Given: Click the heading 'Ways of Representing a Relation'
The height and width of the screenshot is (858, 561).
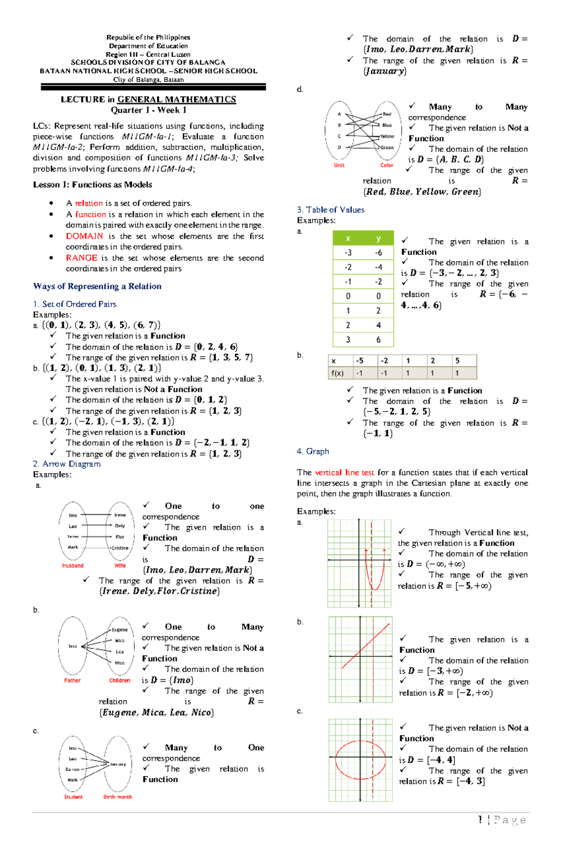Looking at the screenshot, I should click(97, 286).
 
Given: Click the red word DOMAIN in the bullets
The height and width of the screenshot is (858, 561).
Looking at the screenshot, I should click(84, 236).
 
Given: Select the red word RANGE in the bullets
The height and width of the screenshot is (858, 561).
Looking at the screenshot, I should click(81, 258).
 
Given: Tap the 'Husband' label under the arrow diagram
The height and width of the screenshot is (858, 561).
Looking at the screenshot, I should click(72, 566).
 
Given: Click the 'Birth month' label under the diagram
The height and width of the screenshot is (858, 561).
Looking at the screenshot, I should click(117, 797).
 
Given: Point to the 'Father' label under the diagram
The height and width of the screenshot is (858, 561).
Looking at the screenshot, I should click(72, 681).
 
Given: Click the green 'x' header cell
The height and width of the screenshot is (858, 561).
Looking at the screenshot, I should click(348, 238).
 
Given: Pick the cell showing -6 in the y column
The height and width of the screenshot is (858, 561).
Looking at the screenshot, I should click(378, 253).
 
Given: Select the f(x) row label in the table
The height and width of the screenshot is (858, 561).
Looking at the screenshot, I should click(338, 373).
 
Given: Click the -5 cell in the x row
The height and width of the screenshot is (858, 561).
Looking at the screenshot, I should click(359, 361).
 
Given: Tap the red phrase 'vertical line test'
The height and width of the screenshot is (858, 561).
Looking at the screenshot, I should click(344, 472).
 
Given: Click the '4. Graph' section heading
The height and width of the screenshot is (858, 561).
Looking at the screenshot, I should click(313, 451).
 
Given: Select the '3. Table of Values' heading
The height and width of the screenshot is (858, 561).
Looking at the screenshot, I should click(331, 209).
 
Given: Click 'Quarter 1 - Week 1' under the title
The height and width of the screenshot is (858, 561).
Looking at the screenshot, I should click(148, 110).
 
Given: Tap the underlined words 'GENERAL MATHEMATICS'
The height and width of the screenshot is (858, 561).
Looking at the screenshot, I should click(176, 99).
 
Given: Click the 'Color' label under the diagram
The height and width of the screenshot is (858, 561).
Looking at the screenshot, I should click(387, 165).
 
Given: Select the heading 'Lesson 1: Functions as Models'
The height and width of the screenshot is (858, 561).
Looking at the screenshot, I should click(93, 185).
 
